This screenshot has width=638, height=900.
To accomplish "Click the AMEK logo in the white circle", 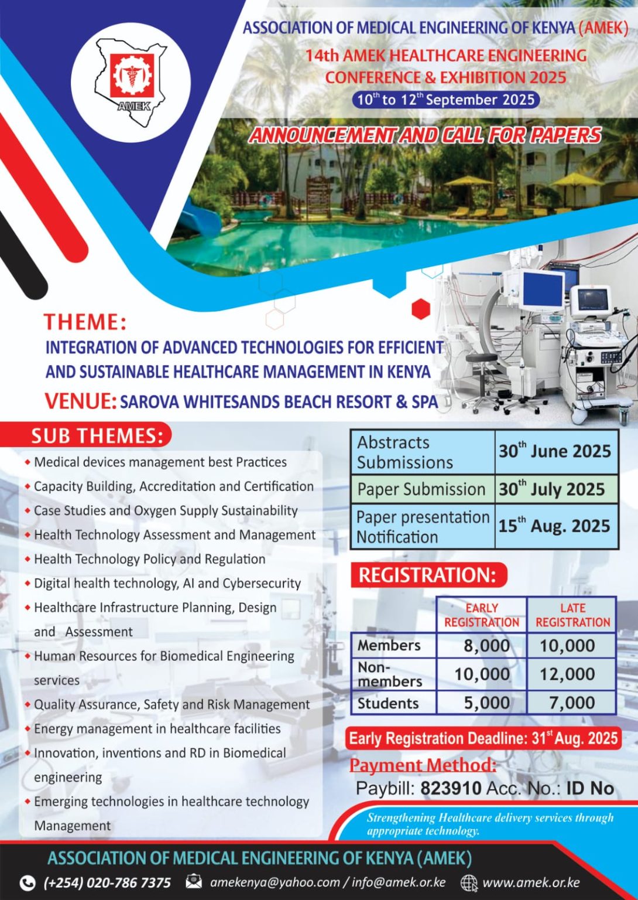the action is pos(131,83).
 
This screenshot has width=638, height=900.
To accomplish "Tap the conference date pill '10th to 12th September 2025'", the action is pos(446,100).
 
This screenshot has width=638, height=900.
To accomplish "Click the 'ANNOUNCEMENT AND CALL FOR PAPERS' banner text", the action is pos(425,135).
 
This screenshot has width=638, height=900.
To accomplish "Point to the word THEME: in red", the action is pos(85,322).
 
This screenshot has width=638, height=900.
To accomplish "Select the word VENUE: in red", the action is pos(80,401).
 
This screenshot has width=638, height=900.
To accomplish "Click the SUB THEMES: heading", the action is pos(98,437).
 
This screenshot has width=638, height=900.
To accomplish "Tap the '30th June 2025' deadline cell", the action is pos(556,452).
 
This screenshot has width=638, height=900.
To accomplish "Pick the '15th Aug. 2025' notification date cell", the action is pos(556,526).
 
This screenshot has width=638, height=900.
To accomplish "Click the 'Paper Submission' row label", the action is pos(421,489).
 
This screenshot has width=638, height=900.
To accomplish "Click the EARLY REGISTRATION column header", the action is pos(482,615).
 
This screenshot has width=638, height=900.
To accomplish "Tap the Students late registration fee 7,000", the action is pos(572,703).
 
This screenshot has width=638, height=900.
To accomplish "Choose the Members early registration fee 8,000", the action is pos(486,646).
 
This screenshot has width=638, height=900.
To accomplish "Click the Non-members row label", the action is pos(390,674).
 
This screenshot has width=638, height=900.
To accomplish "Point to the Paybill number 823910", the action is pos(451,787).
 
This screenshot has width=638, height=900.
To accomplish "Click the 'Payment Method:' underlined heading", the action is pos(423,765).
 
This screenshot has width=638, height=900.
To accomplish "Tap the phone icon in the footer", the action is pos(28,882).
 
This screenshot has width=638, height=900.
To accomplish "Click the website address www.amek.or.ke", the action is pos(531,882).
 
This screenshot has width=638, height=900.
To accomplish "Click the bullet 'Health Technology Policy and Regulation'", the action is pos(149,559).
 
